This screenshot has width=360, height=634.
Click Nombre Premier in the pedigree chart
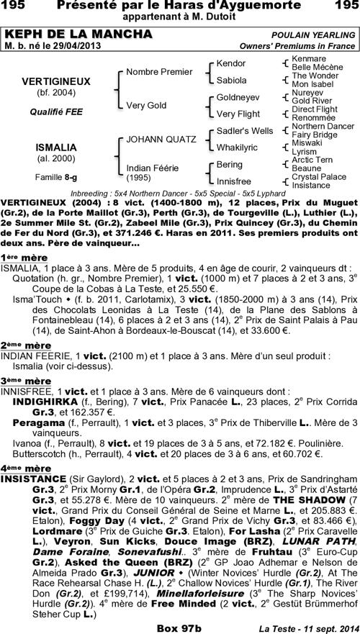[x=159, y=72]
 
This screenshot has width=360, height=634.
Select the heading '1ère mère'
[x=24, y=257]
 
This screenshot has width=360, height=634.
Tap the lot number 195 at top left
[x=14, y=6]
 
